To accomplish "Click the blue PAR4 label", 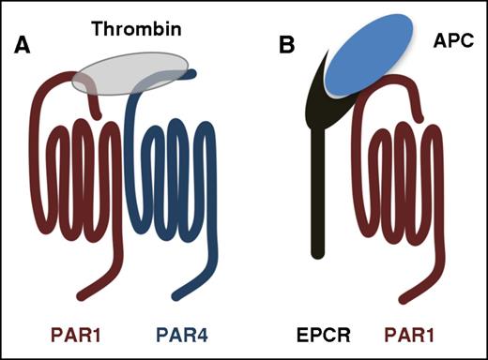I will point(178,335).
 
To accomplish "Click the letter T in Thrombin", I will point(98,30).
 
